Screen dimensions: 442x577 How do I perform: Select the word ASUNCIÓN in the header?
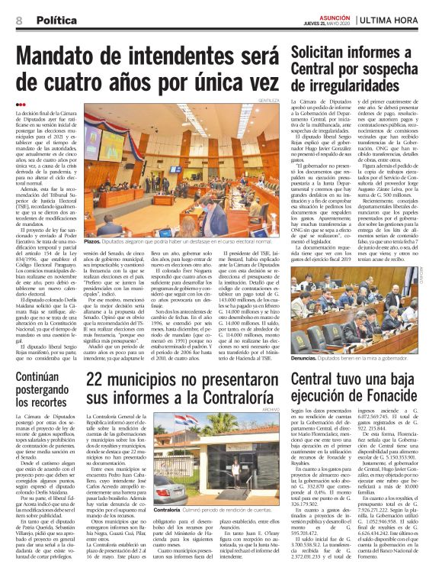click(329, 17)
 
